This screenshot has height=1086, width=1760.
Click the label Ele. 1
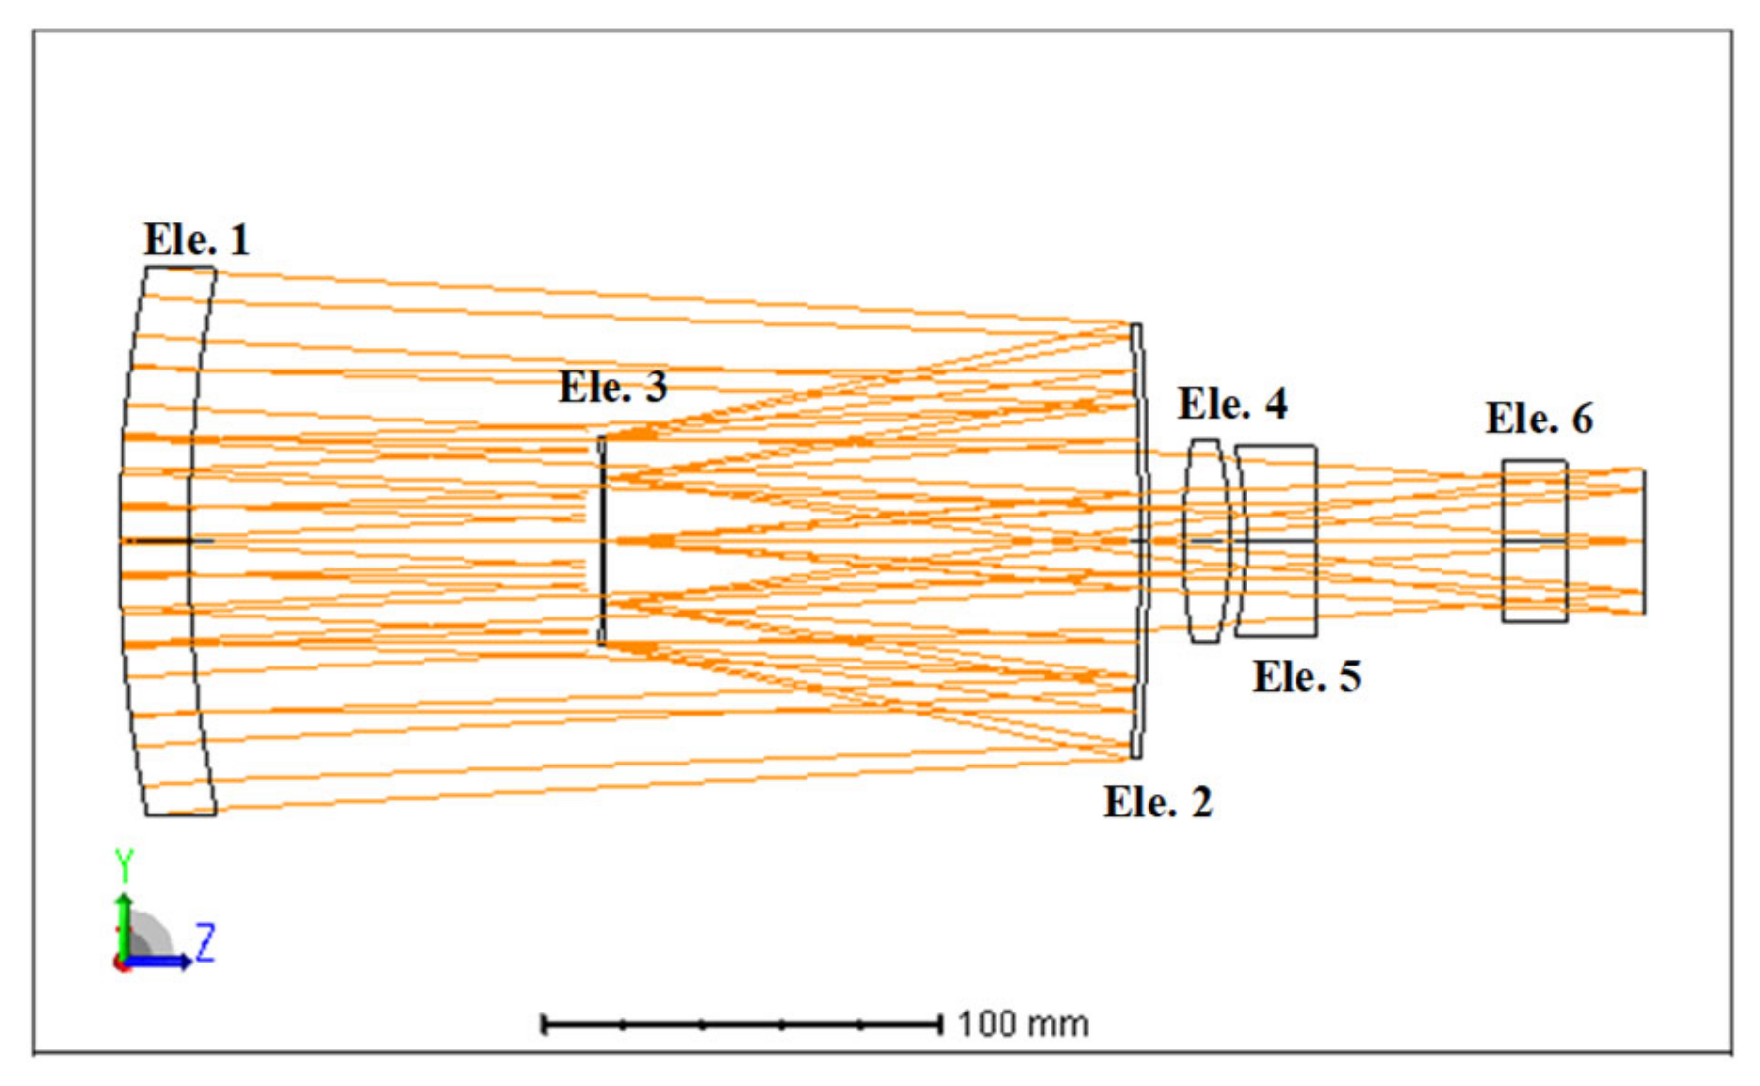point(196,240)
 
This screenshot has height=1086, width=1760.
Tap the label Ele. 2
point(1157,803)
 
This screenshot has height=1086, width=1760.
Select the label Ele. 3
point(612,387)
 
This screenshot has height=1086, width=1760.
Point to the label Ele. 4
point(1232,404)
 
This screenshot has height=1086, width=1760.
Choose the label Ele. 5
point(1306,677)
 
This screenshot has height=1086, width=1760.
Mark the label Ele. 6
point(1539,419)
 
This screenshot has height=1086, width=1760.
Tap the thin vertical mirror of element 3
point(602,540)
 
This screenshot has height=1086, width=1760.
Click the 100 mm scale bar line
point(741,1025)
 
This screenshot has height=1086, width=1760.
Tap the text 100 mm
point(1022,1024)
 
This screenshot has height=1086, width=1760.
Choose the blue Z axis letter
point(205,943)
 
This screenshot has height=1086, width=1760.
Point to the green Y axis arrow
point(123,926)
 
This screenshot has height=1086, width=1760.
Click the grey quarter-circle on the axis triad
point(147,936)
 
